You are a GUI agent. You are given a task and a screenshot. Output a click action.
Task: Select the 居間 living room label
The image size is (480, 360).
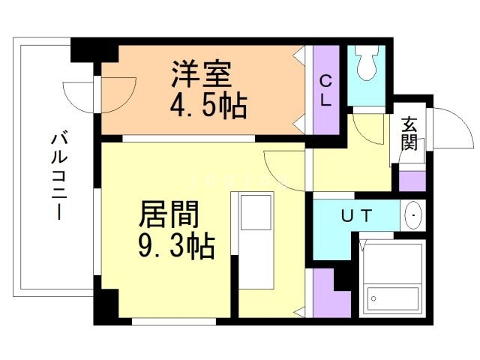coord(169,216)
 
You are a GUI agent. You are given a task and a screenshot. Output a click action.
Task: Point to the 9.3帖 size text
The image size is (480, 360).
coord(176,246)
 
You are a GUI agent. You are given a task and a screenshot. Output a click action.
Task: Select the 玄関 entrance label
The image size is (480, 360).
coord(409,133)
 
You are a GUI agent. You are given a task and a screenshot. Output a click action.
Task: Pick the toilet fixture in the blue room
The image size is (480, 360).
coord(367,64)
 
